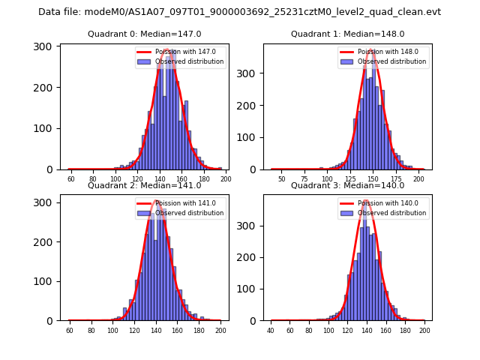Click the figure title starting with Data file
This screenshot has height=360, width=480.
(x=239, y=12)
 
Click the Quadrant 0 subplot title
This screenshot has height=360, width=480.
(x=145, y=34)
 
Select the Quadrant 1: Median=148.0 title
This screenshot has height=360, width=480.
(x=347, y=34)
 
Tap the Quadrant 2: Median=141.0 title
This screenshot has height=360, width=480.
(x=145, y=185)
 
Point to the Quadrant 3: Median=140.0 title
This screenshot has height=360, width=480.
(x=347, y=185)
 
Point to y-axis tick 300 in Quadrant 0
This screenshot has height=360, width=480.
(x=44, y=46)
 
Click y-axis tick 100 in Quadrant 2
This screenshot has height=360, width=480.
(x=44, y=281)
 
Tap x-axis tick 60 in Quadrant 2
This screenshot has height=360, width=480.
(x=70, y=331)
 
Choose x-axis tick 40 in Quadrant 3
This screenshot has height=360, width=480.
(x=271, y=331)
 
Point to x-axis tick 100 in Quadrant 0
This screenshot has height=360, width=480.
(x=115, y=179)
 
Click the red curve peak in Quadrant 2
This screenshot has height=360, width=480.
(x=156, y=200)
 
